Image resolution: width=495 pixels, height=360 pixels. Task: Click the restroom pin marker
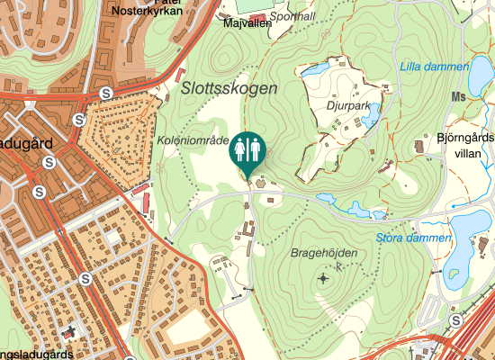(247, 152)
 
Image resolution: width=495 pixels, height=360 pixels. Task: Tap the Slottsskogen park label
(229, 88)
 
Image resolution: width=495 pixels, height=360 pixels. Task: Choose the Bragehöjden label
(324, 253)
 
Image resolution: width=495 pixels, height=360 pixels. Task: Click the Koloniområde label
(192, 140)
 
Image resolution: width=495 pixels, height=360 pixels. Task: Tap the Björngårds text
(465, 139)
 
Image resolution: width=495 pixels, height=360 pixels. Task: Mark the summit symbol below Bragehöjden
(324, 279)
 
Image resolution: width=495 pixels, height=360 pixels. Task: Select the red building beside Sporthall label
(258, 18)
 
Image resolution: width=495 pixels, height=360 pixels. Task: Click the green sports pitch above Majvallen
(253, 4)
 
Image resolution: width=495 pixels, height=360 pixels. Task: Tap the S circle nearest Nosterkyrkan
(106, 93)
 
